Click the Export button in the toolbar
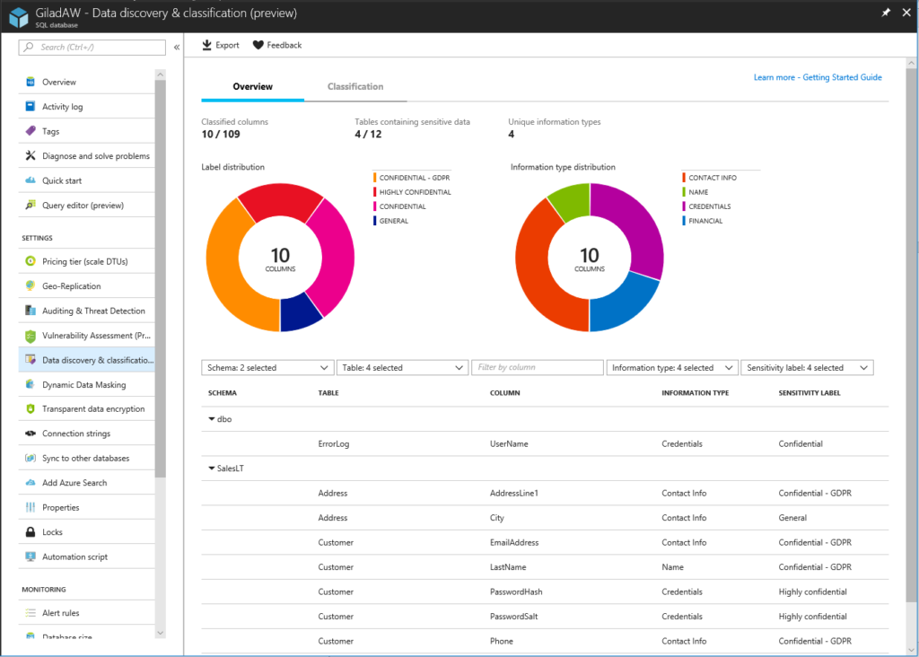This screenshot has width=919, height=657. tap(221, 45)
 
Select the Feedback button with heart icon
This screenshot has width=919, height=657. tap(276, 45)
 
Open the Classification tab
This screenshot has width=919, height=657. tap(355, 87)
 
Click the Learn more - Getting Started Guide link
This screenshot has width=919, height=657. tap(818, 77)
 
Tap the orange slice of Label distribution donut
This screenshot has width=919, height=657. tap(232, 269)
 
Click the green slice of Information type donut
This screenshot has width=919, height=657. tap(568, 202)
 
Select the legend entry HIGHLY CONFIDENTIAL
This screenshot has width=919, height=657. tap(415, 192)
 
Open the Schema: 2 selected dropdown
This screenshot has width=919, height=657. tap(267, 368)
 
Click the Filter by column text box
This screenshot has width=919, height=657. tap(538, 368)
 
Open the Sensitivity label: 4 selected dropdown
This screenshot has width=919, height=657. tap(807, 368)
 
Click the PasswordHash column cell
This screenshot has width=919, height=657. tap(516, 592)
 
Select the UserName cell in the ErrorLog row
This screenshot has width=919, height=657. tap(509, 444)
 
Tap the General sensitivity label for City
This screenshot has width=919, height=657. tap(792, 518)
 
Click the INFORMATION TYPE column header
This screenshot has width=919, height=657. tap(695, 393)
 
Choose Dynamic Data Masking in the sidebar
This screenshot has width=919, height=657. tap(83, 385)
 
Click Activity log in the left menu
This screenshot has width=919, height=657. tap(62, 107)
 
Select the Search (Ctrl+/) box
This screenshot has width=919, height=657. tap(94, 47)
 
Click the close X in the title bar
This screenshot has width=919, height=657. tap(905, 13)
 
